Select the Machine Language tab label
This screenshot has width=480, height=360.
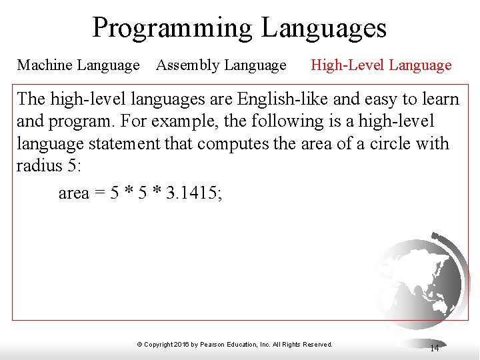tap(78, 65)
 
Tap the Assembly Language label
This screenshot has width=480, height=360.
tap(221, 65)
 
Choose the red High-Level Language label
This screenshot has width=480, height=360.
tap(381, 65)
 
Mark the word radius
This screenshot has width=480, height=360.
tap(39, 165)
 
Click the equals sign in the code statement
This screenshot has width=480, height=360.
tap(98, 194)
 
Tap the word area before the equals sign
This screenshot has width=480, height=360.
tap(73, 194)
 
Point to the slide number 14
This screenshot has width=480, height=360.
tap(434, 348)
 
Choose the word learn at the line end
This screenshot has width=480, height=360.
tap(441, 99)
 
